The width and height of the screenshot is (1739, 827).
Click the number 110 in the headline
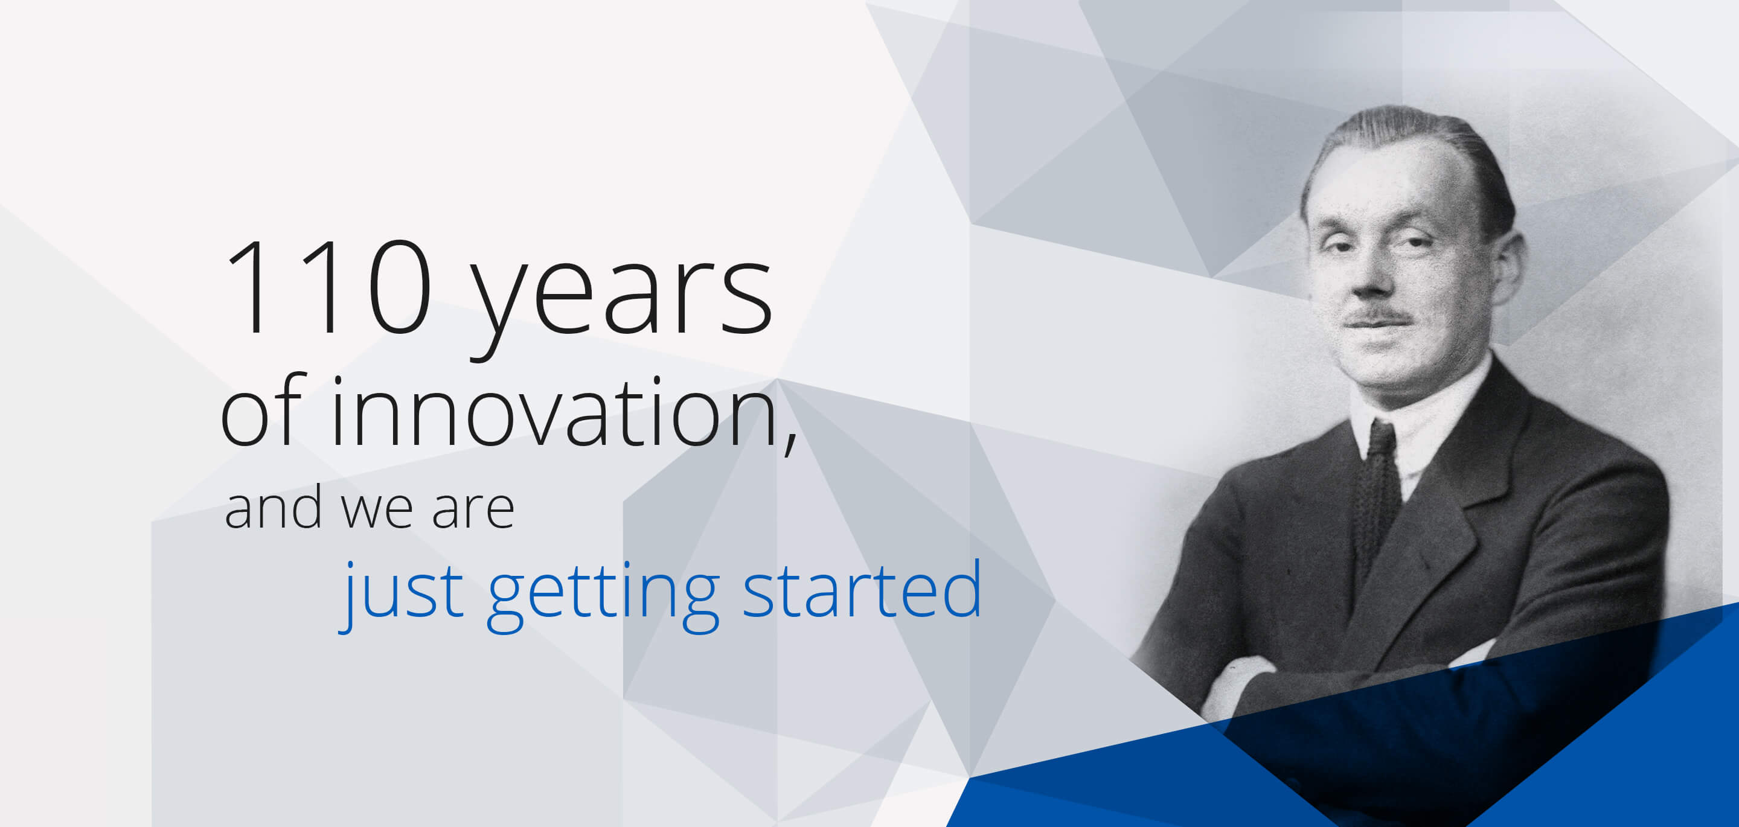point(330,287)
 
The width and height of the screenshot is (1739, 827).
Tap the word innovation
point(554,412)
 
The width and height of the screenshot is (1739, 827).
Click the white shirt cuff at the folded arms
point(1232,685)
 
